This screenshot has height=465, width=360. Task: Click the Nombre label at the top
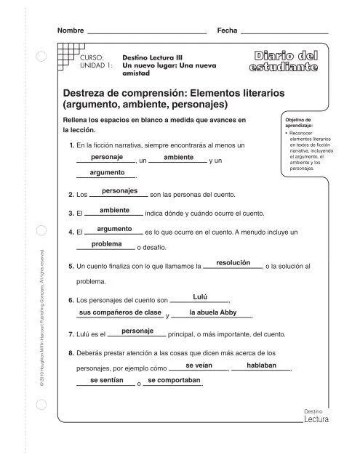tap(71, 31)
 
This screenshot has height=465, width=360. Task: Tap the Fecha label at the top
tap(228, 31)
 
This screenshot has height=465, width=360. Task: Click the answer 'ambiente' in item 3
tap(115, 210)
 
